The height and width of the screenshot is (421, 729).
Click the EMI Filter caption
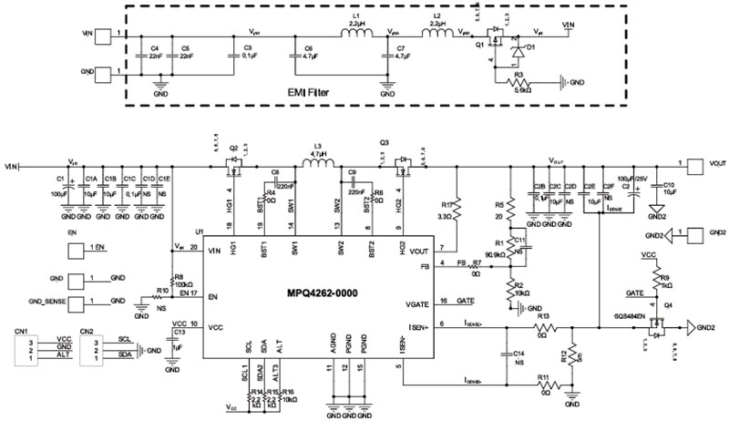click(326, 94)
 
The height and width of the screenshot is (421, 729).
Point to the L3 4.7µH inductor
click(317, 168)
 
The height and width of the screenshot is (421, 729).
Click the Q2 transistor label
click(233, 147)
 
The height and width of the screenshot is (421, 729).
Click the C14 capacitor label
click(519, 353)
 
